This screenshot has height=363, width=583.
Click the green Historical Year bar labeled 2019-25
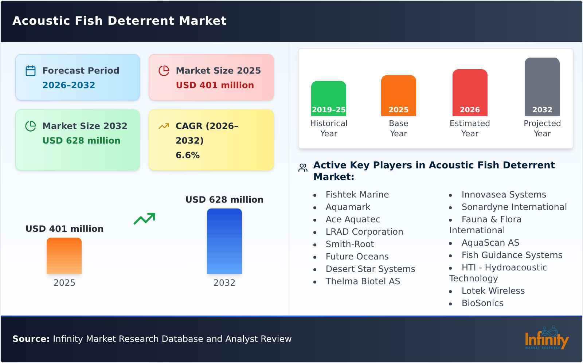(x=328, y=98)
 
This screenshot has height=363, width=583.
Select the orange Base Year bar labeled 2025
(x=398, y=95)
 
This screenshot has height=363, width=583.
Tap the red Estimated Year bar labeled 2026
(x=470, y=93)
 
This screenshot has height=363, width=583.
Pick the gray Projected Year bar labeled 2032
(x=542, y=87)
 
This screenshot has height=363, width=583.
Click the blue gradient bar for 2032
(x=224, y=241)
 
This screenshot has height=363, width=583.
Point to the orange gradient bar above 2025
(x=64, y=256)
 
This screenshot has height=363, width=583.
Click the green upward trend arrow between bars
(x=144, y=219)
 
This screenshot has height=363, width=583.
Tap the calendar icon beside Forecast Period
(x=31, y=71)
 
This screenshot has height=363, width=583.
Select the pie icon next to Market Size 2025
(x=164, y=71)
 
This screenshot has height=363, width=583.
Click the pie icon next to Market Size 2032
(x=31, y=126)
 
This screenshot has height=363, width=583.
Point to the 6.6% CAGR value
(x=188, y=155)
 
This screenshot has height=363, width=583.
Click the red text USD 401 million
(x=215, y=85)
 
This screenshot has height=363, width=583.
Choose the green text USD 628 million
(x=81, y=141)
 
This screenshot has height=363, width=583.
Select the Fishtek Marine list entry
(x=357, y=195)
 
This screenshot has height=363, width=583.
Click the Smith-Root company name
(x=350, y=244)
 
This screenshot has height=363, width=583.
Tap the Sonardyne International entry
(x=514, y=207)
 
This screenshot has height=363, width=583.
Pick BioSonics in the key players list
(x=482, y=303)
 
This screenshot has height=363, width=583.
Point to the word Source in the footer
(x=31, y=339)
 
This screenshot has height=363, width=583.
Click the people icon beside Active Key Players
(x=303, y=168)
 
